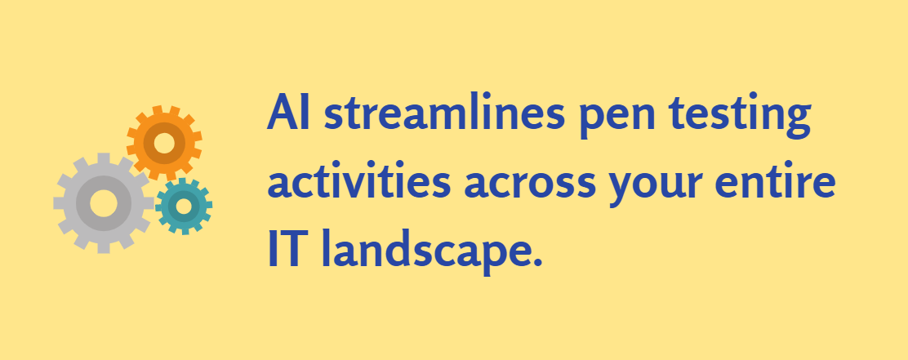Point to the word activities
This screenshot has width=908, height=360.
tap(359, 178)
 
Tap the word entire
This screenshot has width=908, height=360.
tap(775, 178)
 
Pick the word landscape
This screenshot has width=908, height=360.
tap(420, 251)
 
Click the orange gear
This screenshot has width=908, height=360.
tap(164, 143)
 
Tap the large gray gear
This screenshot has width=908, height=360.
tap(104, 203)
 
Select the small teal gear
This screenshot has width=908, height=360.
tap(184, 206)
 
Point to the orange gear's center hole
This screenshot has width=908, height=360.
tap(164, 143)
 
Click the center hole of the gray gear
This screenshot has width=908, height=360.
tap(104, 203)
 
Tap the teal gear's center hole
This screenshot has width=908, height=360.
tap(184, 206)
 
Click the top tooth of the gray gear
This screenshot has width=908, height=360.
tap(104, 159)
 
